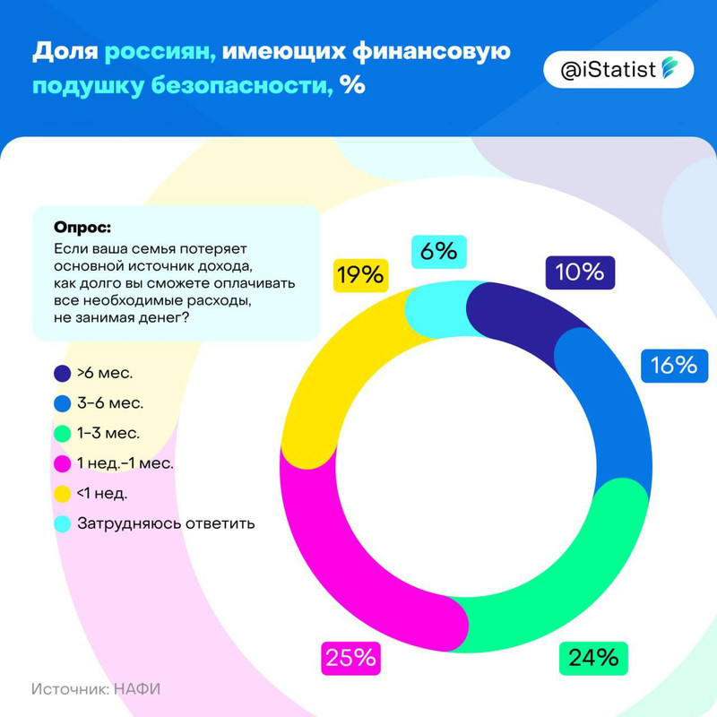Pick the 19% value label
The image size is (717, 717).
pyautogui.click(x=361, y=274)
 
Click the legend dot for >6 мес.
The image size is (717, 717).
pyautogui.click(x=62, y=372)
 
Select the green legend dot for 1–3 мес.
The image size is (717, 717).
pyautogui.click(x=62, y=433)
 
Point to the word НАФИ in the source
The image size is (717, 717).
pyautogui.click(x=142, y=688)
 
